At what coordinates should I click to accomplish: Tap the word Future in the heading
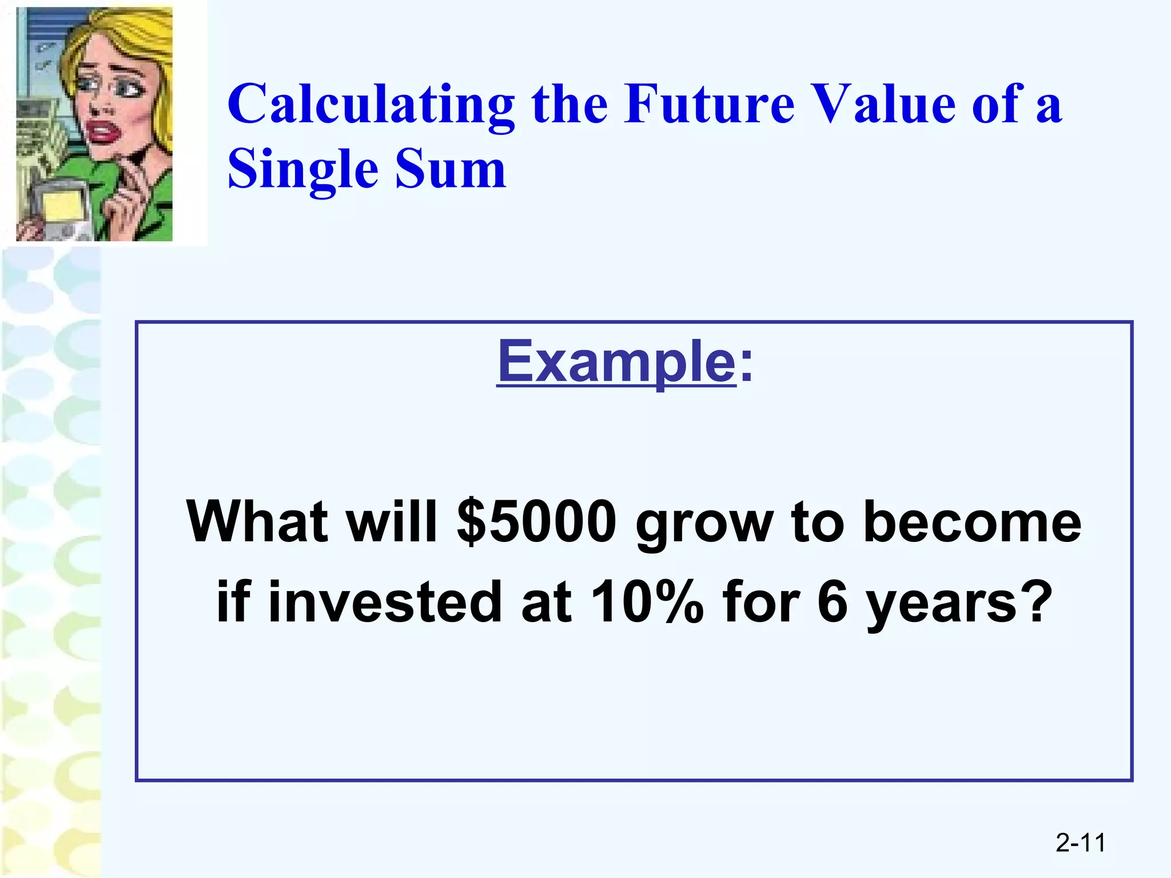coord(709,104)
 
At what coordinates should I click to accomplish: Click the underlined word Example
coord(616,362)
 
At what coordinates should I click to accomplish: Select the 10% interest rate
coord(647,601)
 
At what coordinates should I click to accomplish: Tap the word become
coord(972,521)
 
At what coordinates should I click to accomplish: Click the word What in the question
coord(257,521)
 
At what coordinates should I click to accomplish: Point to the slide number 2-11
coord(1080,843)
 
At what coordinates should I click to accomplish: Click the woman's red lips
coord(102,133)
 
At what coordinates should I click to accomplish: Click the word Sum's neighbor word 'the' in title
coord(569,104)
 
